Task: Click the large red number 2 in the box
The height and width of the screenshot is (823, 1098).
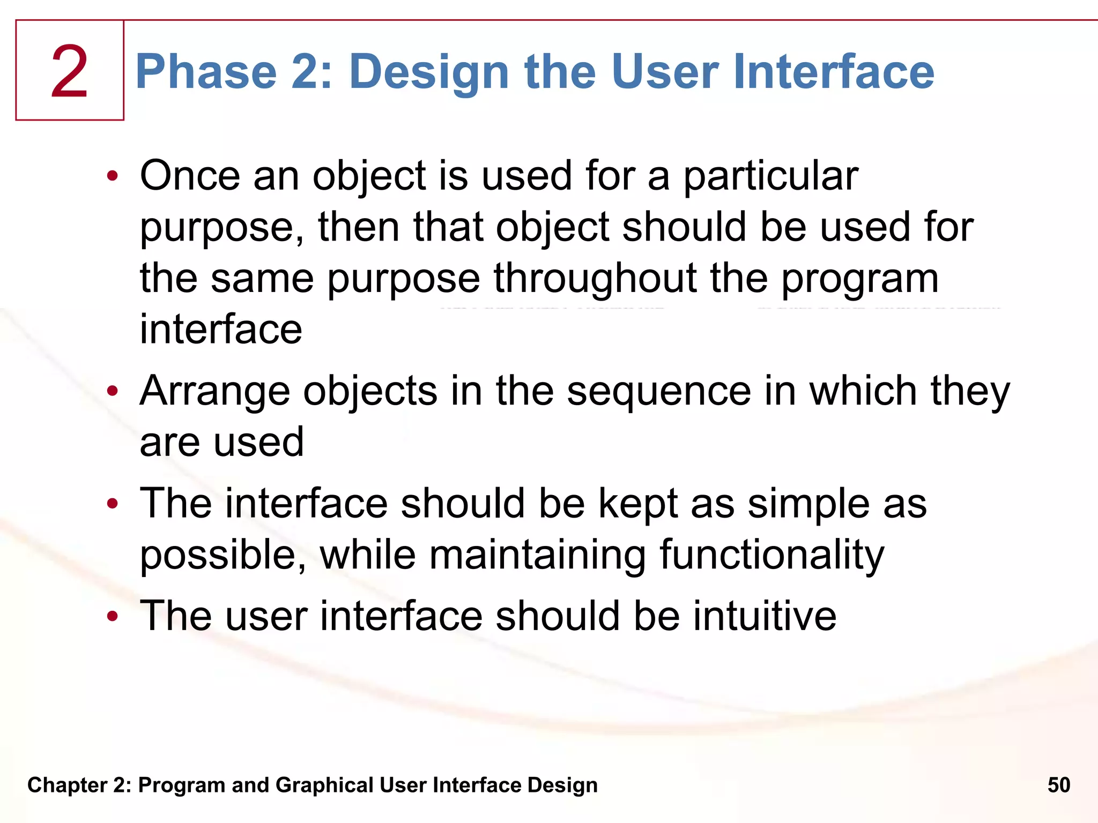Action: pos(69,72)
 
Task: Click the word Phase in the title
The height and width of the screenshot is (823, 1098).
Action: pos(206,72)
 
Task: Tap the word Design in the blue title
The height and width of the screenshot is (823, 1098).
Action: pos(428,73)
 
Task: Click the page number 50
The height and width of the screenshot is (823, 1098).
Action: pos(1058,785)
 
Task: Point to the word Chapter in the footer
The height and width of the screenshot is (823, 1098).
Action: pos(68,785)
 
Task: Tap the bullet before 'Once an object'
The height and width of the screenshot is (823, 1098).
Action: pos(112,176)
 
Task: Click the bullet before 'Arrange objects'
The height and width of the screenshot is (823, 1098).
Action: pos(112,391)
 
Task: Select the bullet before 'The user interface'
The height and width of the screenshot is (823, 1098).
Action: pos(112,616)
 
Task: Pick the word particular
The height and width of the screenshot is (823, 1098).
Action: pos(770,177)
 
